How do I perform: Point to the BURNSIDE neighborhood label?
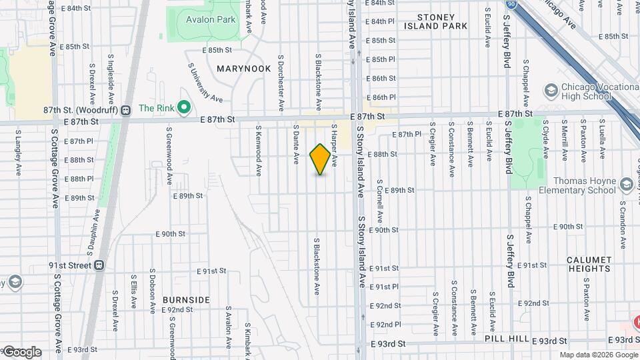coord(186,300)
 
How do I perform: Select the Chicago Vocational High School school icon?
coord(551,89)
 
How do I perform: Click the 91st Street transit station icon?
coord(99,265)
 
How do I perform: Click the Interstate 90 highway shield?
coord(510,5)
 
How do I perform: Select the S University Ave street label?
coord(205,83)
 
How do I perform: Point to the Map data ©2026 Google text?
coord(598,355)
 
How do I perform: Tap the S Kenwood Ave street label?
coord(259,153)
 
